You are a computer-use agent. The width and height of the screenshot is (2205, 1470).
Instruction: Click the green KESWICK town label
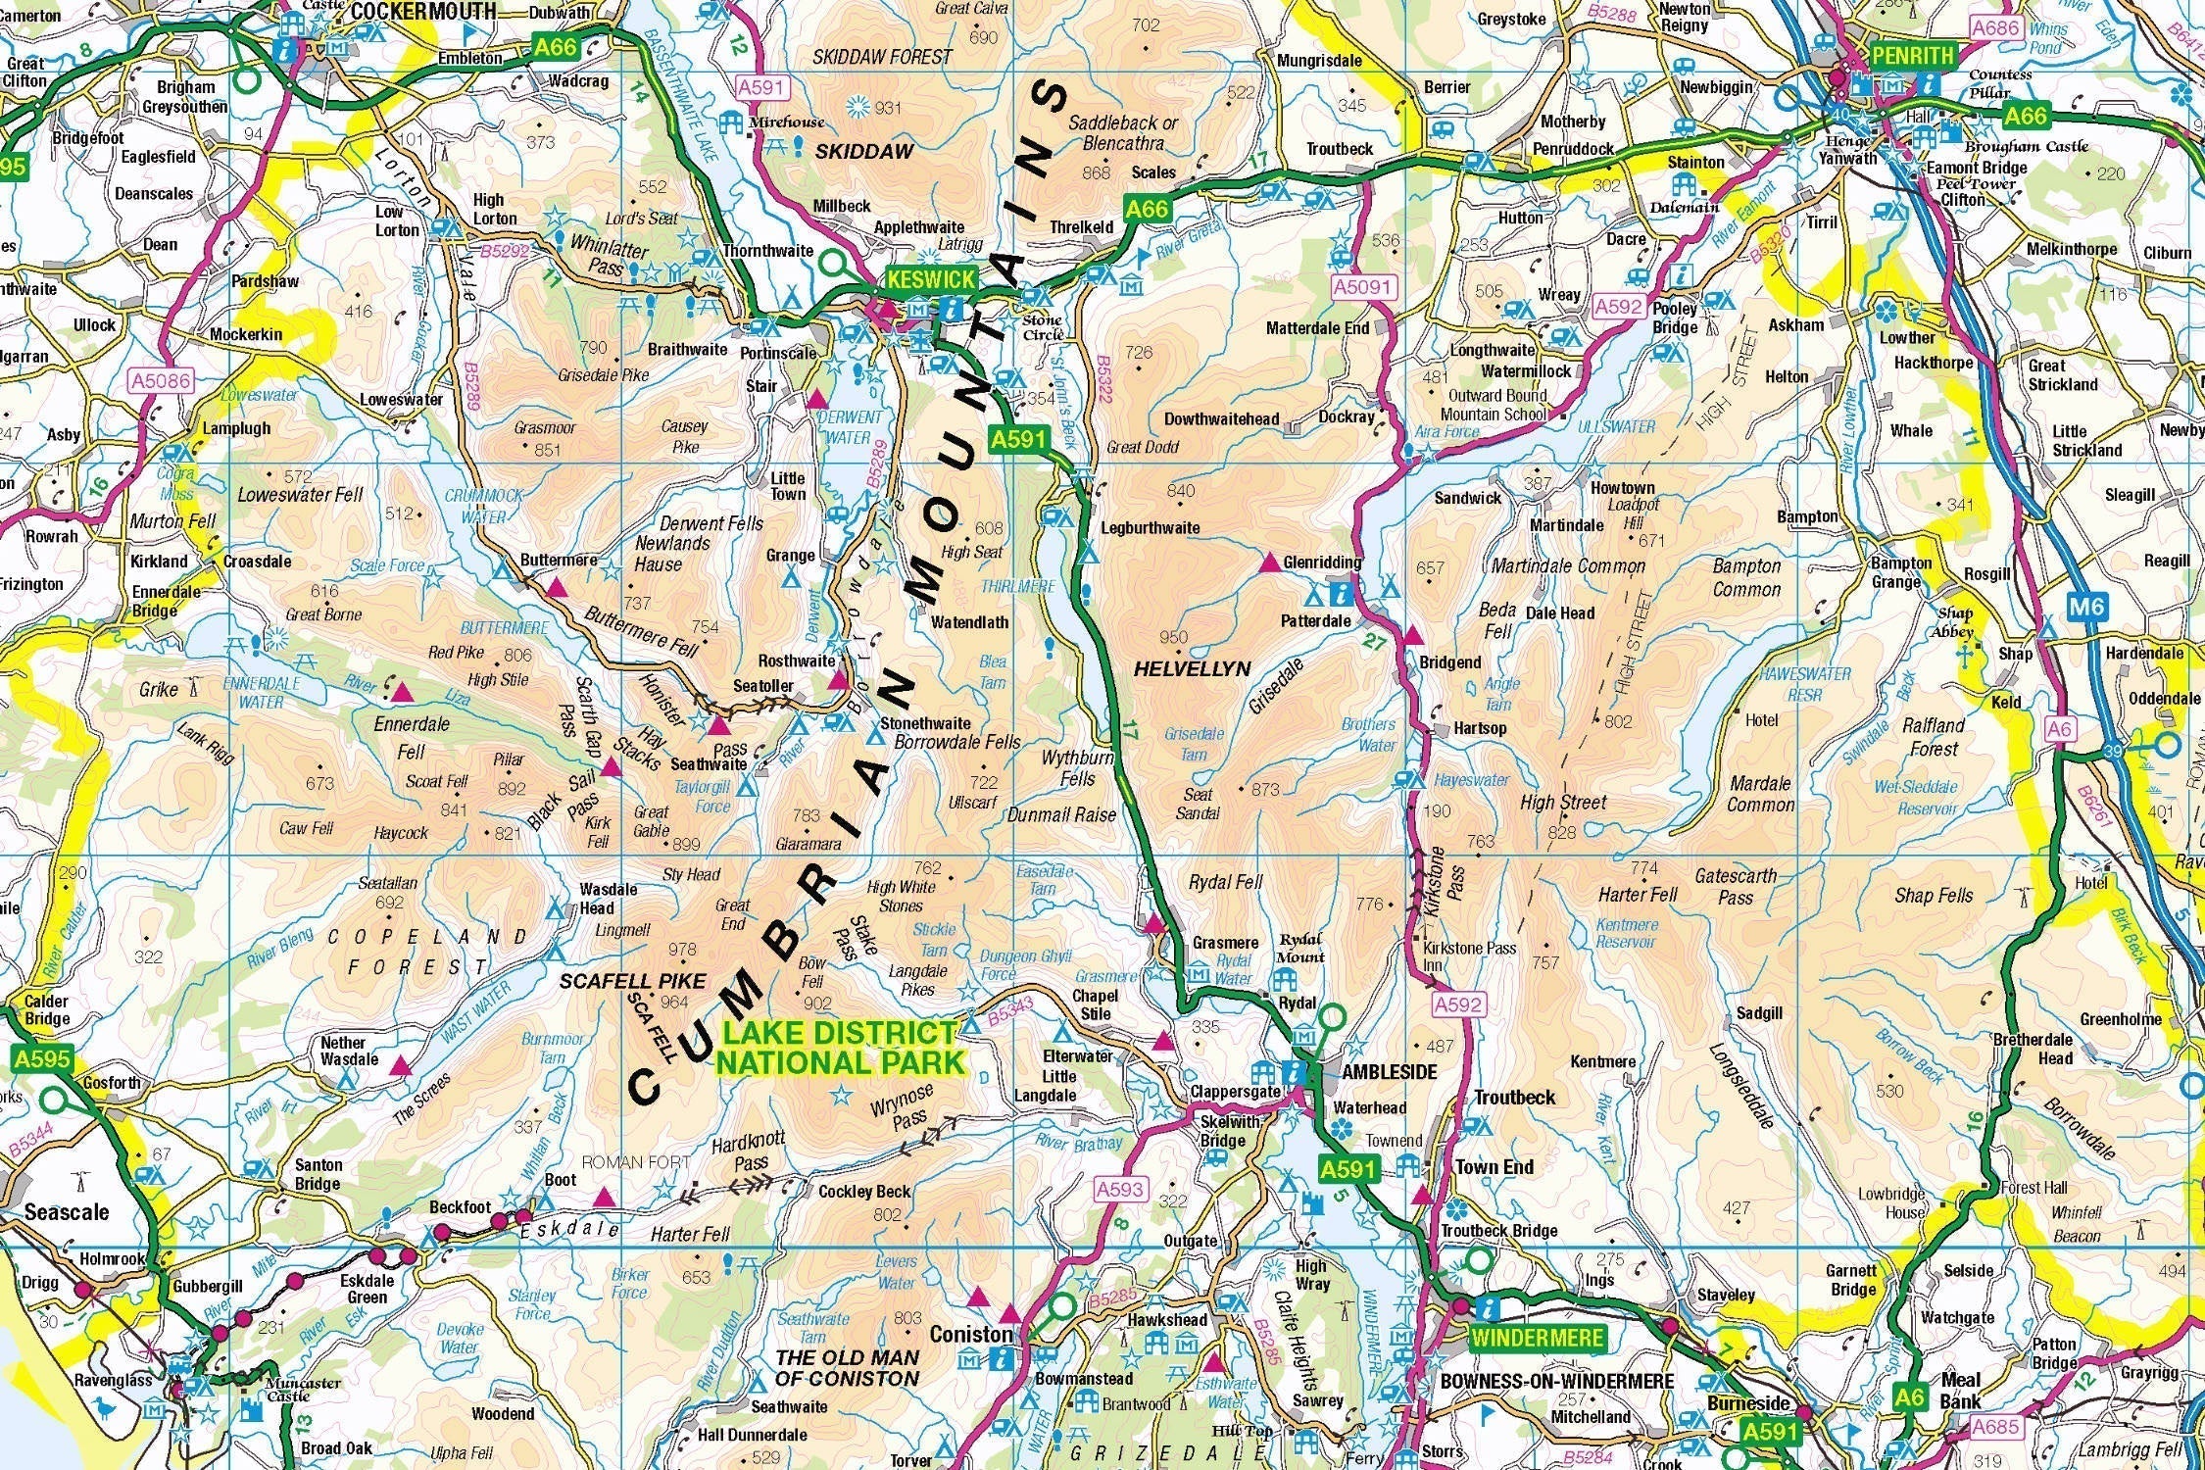pos(931,279)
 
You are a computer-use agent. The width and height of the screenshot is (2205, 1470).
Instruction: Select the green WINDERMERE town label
pos(1537,1338)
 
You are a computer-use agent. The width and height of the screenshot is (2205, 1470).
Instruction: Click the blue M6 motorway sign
pos(2087,607)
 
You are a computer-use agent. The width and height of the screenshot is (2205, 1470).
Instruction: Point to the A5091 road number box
pos(1362,287)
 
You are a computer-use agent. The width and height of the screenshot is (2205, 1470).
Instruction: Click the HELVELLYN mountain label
pos(1192,668)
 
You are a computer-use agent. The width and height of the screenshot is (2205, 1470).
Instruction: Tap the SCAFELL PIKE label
pos(632,981)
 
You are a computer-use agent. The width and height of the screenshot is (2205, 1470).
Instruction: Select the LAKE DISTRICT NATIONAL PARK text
pos(840,1048)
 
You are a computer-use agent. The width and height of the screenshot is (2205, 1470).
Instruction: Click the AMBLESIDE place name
pos(1389,1072)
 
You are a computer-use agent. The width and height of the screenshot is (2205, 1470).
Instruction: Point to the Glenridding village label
pos(1322,562)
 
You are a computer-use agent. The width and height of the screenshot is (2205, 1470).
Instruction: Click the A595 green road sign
pos(43,1058)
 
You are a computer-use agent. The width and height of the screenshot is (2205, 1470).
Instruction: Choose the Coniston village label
pos(970,1335)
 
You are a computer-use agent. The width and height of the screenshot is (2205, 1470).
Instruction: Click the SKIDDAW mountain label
pos(864,152)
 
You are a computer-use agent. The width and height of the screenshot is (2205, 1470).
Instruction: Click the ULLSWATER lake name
pos(1616,427)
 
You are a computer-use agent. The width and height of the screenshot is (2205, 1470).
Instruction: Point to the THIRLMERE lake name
pos(1019,586)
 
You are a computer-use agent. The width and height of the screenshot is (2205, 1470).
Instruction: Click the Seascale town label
pos(67,1212)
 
